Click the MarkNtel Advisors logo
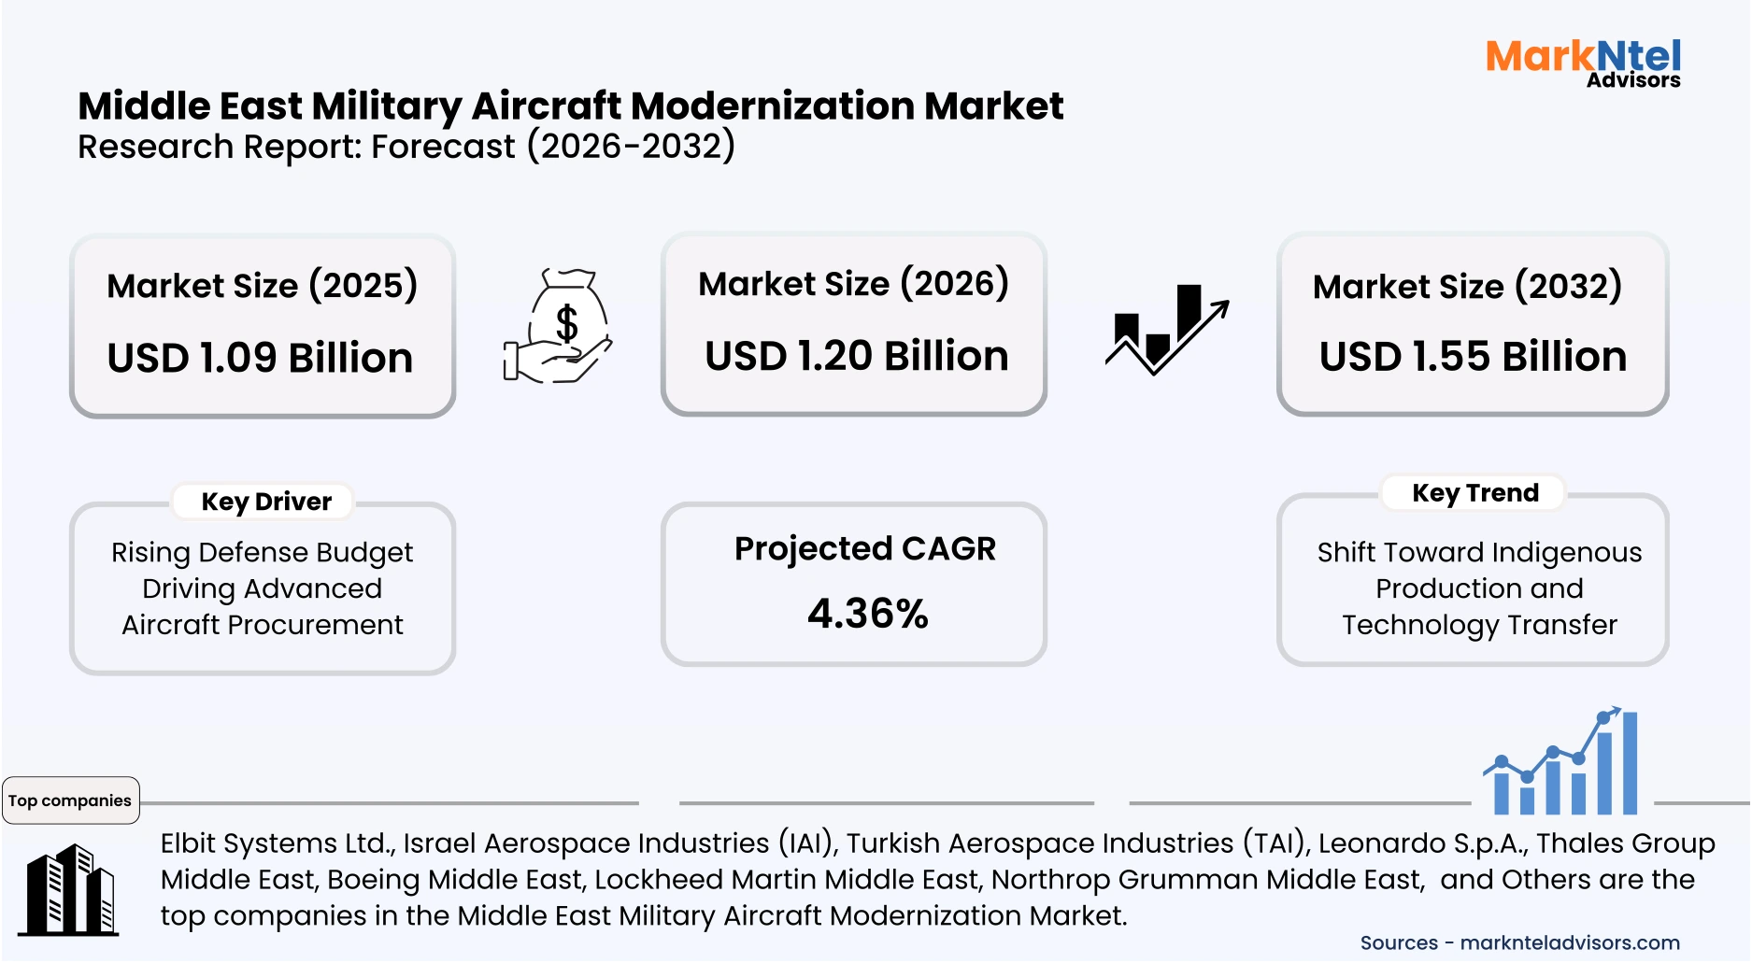point(1583,63)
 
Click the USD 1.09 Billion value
point(260,358)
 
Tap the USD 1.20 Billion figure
point(856,356)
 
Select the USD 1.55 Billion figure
point(1473,357)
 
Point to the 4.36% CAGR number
point(867,614)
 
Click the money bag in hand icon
point(558,326)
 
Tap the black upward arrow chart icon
point(1167,330)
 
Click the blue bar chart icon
point(1563,763)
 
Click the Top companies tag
point(70,800)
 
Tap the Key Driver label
point(266,502)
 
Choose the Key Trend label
point(1474,492)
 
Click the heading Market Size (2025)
point(262,285)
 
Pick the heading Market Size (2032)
point(1467,286)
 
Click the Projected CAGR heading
point(864,548)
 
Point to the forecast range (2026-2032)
point(631,147)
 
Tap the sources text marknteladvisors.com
point(1569,942)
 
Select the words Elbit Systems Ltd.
point(278,843)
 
